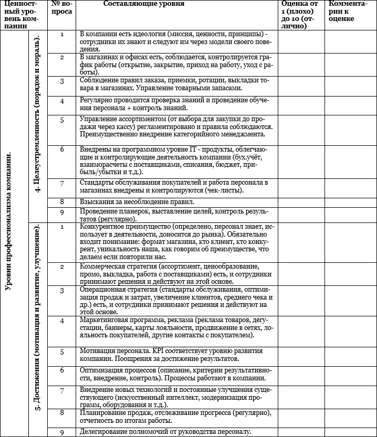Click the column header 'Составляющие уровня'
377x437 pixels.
pos(143,4)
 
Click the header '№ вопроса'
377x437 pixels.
pos(62,8)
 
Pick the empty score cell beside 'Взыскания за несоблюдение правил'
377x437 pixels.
pos(301,201)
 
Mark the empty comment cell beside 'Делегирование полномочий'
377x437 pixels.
pos(350,432)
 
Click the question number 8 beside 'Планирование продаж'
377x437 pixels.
pos(62,412)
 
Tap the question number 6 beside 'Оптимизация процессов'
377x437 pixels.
pos(62,370)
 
